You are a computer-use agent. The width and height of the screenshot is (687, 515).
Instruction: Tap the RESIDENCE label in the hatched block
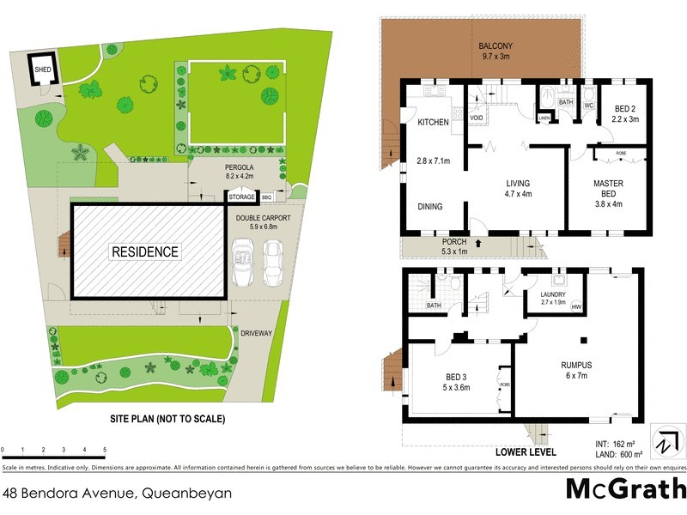[144, 251]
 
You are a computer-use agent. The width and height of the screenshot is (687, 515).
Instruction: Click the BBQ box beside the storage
[266, 197]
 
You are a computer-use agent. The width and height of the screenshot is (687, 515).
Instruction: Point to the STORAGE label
[241, 197]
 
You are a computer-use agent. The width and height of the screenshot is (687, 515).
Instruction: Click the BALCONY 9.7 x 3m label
[496, 51]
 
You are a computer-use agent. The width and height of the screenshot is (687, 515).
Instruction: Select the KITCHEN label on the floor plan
[433, 123]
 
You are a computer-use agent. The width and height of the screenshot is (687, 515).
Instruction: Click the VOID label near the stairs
[477, 117]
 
